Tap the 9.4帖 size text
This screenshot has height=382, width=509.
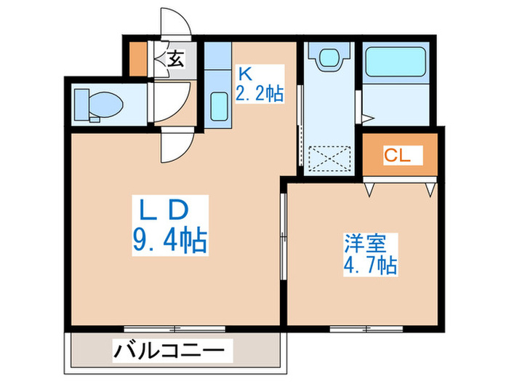click(x=169, y=239)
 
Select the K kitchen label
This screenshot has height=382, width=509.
click(x=246, y=73)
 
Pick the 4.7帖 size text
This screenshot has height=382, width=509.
click(x=371, y=263)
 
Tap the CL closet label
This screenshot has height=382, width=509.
click(x=398, y=154)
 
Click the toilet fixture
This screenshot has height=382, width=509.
click(x=97, y=104)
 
